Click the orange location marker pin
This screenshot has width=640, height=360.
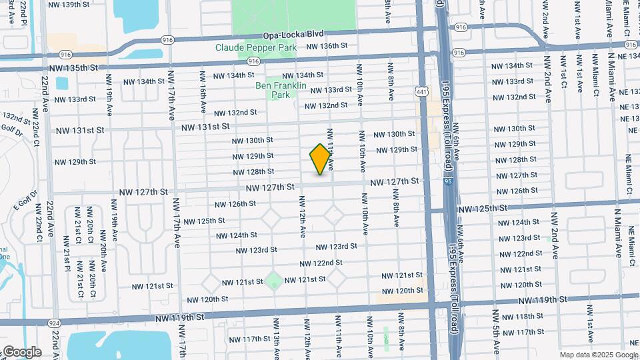[x=320, y=159]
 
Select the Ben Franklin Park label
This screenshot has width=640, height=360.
[x=281, y=90]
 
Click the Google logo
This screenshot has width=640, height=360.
[x=21, y=351]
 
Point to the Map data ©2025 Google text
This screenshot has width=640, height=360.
[x=599, y=355]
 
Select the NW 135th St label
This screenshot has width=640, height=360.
[x=73, y=68]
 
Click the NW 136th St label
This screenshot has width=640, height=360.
[x=327, y=46]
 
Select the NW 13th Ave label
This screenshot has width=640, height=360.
[x=275, y=337]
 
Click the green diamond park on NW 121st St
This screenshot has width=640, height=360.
[x=273, y=281]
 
